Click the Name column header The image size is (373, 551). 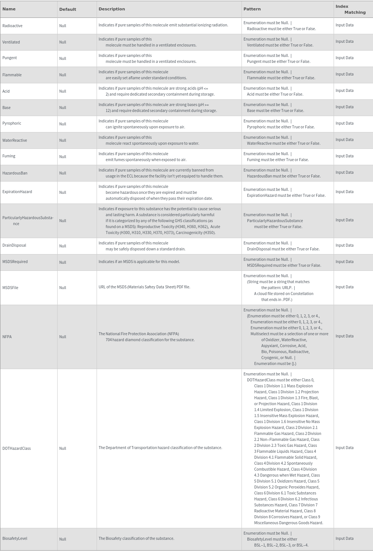point(9,9)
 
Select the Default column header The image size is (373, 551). point(68,9)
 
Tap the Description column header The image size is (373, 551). point(111,9)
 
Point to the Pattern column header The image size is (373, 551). point(252,9)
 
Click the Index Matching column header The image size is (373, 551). point(350,9)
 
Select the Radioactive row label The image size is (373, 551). point(12,26)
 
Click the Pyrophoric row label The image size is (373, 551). point(12,123)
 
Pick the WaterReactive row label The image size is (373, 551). point(14,140)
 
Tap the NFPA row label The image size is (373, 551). point(7,337)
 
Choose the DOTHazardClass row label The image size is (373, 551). point(16,448)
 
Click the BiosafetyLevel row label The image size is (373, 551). point(15,538)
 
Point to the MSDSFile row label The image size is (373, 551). point(10,288)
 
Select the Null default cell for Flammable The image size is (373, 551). point(63,75)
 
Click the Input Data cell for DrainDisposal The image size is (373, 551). point(344,245)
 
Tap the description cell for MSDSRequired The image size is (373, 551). point(139,262)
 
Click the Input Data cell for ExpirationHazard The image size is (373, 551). point(344,192)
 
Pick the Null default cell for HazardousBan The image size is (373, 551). point(63,173)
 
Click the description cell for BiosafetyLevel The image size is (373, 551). point(136,538)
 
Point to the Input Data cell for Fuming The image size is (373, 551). point(344,156)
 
